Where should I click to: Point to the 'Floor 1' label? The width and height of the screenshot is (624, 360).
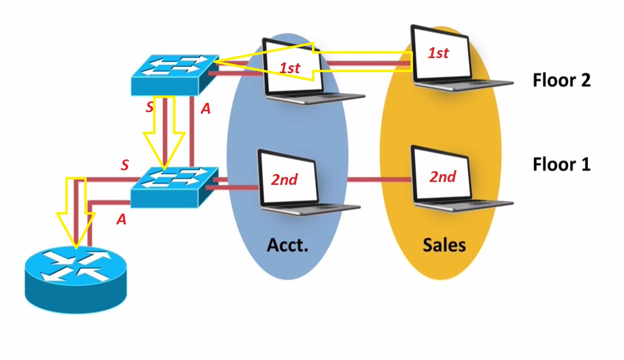[562, 164]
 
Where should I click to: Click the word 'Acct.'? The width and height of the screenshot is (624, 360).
[287, 244]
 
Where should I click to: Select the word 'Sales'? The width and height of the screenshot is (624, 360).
[444, 244]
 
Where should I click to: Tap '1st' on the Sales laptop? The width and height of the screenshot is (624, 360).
[438, 53]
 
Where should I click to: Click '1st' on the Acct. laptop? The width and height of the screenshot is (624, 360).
[290, 68]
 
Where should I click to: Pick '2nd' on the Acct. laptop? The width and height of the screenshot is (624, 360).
[284, 180]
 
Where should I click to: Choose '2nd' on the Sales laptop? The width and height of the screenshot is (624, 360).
[443, 177]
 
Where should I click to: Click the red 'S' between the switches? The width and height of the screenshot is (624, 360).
[150, 108]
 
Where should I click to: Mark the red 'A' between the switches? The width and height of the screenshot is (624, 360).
[206, 109]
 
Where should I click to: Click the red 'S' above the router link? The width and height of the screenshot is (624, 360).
[125, 165]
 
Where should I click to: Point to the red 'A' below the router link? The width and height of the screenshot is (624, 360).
[121, 220]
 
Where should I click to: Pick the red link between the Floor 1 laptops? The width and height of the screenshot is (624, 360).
[379, 180]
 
